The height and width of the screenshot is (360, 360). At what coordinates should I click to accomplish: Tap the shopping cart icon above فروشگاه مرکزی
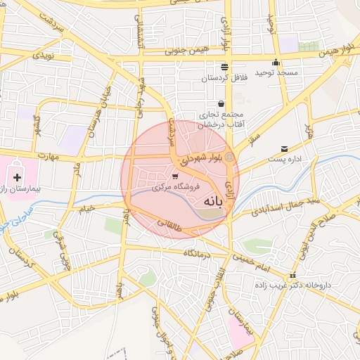[174, 176]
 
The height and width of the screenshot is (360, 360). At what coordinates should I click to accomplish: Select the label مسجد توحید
[276, 72]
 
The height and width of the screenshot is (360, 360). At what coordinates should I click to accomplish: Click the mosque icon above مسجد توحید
[276, 62]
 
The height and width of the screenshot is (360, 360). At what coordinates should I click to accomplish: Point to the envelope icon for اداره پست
[284, 148]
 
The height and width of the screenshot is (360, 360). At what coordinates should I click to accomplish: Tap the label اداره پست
[284, 159]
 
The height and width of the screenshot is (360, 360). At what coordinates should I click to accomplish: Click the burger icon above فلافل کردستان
[224, 67]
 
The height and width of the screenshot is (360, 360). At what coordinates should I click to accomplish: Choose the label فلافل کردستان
[224, 77]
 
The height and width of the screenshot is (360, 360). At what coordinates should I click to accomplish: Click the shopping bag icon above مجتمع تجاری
[221, 104]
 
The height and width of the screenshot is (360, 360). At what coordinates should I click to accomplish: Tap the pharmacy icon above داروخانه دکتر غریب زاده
[293, 275]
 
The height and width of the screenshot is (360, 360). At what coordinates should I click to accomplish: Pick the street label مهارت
[46, 155]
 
